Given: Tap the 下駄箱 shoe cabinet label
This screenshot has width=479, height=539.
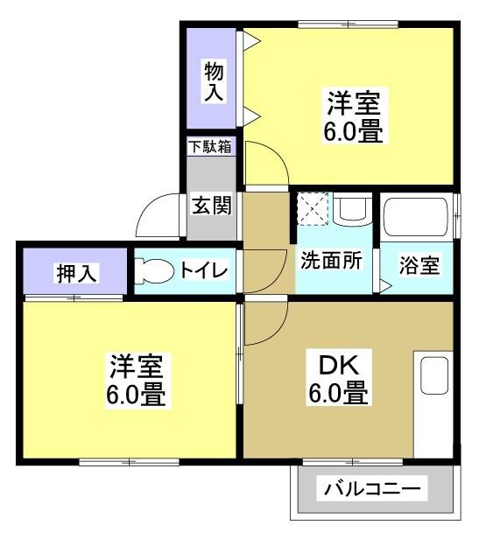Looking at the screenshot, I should [x=210, y=146].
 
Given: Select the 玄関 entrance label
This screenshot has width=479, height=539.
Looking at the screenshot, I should [x=212, y=206].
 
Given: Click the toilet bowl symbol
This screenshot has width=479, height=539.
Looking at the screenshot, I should [x=155, y=271].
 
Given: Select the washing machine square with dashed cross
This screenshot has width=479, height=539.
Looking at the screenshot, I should [x=312, y=208].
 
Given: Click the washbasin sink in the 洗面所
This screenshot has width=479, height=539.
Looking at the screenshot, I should [x=352, y=209].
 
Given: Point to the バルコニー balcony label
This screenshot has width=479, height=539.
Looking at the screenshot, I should [x=373, y=487].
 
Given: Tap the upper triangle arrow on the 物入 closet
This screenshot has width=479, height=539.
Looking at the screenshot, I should [x=249, y=40].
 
